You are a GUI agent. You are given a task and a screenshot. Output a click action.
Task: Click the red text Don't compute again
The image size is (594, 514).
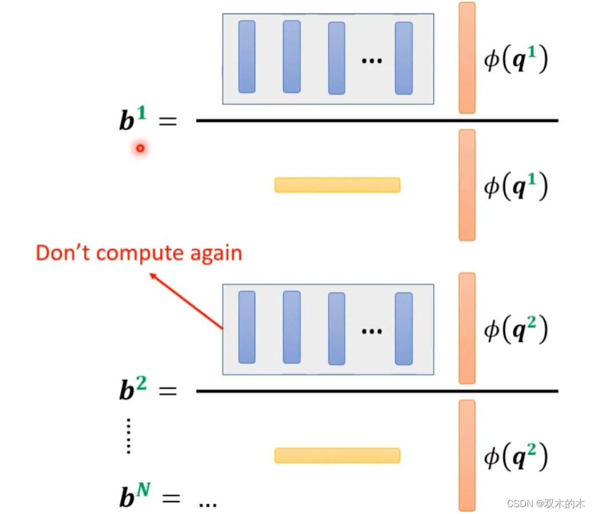click(138, 252)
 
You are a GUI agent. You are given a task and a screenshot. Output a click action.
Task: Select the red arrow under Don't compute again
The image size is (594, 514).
click(185, 302)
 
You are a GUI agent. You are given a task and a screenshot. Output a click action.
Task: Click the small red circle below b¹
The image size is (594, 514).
click(140, 149)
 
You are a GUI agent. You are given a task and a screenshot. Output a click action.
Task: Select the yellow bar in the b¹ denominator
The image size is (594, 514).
click(337, 185)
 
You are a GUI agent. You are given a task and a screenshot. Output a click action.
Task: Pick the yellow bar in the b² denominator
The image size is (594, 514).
click(337, 455)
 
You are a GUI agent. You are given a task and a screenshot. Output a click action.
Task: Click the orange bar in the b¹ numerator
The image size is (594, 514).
click(466, 58)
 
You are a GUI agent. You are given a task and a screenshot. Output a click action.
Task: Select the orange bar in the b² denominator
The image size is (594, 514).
click(466, 455)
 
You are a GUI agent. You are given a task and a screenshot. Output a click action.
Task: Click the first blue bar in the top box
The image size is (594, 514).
click(247, 57)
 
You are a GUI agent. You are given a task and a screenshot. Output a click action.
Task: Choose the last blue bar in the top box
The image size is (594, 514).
click(403, 58)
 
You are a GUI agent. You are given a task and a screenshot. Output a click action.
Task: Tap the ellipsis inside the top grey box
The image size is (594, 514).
click(371, 60)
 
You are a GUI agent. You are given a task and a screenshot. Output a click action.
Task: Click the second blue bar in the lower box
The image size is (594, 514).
click(291, 327)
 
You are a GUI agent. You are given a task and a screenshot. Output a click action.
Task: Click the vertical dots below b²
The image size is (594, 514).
click(129, 436)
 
